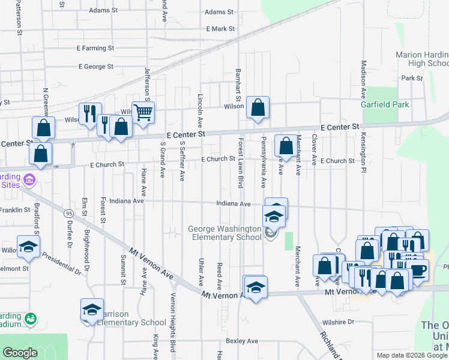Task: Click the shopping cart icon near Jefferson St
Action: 143,112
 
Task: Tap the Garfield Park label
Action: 385,104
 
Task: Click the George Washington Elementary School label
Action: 224,233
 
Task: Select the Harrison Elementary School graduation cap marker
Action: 92,310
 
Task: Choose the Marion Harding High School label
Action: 422,59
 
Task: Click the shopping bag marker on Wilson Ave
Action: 258,108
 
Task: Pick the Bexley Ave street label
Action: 242,341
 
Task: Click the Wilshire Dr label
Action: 338,322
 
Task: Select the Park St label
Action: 412,78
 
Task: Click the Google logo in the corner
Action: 20,353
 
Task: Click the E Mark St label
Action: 220,29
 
